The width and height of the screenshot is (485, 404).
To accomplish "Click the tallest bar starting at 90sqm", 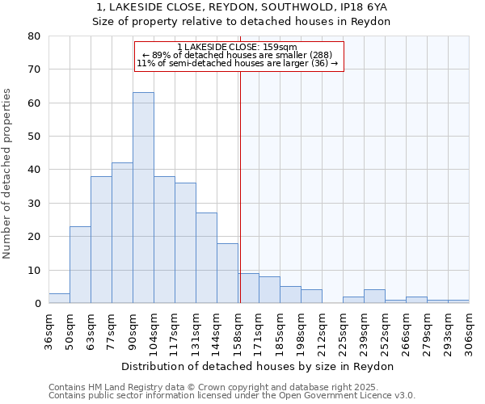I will (143, 198).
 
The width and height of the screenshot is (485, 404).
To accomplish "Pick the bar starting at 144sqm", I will (227, 273).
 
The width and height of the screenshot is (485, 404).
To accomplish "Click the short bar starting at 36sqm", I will (59, 298).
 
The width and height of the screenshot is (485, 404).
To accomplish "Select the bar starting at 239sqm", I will (374, 297).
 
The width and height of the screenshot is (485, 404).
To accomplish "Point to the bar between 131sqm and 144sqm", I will (206, 258).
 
